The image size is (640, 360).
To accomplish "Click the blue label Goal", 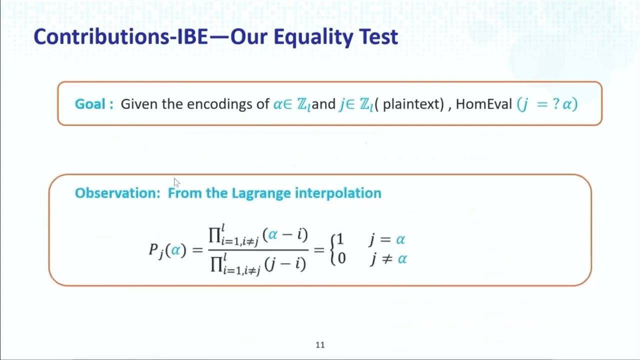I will tap(90, 104).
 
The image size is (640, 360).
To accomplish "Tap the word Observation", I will tap(116, 193).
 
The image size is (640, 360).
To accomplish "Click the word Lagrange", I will tap(261, 193).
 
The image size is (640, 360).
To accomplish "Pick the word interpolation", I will tap(338, 193).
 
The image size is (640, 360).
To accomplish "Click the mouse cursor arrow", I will tap(176, 182).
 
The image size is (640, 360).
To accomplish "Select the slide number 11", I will tap(320, 345).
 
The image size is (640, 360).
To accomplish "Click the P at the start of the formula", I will tap(154, 249).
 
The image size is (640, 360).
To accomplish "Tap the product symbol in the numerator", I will tap(215, 235).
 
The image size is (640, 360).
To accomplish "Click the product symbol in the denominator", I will tap(216, 263).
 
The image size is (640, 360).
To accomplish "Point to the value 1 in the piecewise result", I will tap(340, 239).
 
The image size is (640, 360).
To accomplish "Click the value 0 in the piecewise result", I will tap(341, 258).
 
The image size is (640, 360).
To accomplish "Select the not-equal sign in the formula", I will tap(386, 259).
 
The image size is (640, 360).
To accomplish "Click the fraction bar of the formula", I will tap(258, 249).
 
